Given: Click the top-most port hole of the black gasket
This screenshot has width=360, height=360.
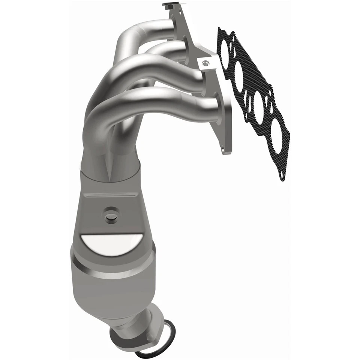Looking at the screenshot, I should [226, 51].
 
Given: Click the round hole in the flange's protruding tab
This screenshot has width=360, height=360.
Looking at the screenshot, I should [204, 63].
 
